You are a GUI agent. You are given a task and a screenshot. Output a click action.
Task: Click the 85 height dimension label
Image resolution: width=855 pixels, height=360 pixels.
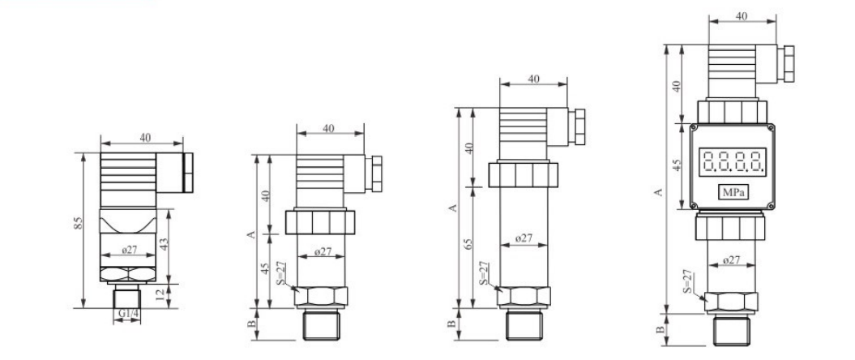(79, 222)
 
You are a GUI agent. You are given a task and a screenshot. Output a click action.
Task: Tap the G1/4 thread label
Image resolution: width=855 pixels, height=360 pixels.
(127, 313)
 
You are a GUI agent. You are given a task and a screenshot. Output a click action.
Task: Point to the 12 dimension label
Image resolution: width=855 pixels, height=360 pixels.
(160, 296)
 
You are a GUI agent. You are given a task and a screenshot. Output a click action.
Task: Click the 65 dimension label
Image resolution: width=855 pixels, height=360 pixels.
(468, 246)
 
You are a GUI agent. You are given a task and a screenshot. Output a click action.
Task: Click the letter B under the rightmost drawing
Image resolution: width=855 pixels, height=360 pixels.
(660, 330)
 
